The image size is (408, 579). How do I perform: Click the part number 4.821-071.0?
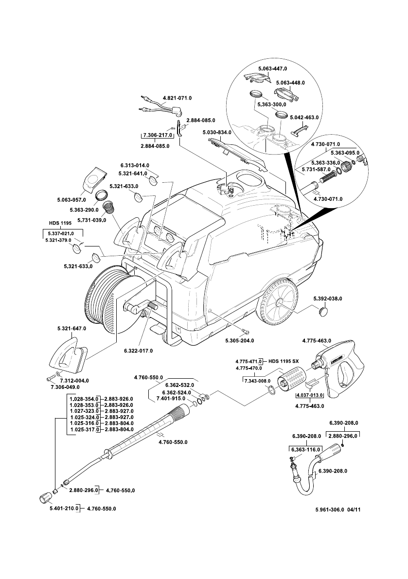(x=177, y=98)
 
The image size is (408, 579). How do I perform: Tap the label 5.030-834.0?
(x=216, y=132)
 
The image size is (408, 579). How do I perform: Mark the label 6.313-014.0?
(x=135, y=165)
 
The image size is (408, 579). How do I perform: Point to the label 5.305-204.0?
(x=239, y=340)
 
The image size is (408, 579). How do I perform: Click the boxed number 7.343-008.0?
(x=256, y=381)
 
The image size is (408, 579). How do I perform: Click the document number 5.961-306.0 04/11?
(x=340, y=510)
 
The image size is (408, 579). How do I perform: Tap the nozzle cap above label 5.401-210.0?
(x=45, y=498)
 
